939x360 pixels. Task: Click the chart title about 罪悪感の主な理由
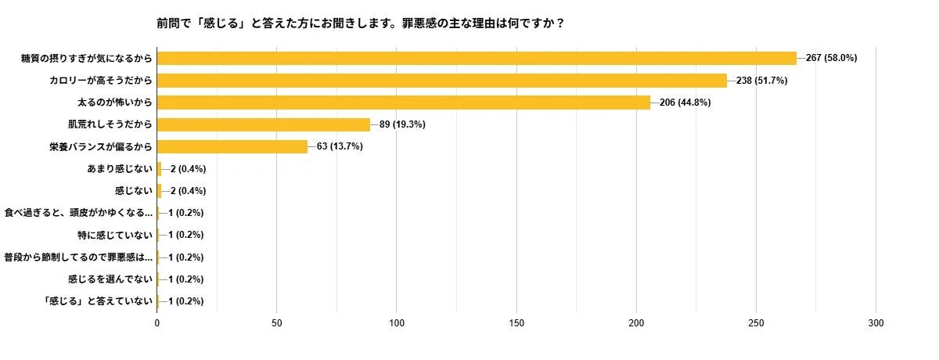(x=361, y=23)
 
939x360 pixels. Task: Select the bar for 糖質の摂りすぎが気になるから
(x=477, y=58)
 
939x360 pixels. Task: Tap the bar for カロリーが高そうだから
(x=442, y=80)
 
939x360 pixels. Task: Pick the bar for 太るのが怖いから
(x=404, y=103)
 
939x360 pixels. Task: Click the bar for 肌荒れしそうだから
(x=264, y=124)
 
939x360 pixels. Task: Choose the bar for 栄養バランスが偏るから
(x=232, y=146)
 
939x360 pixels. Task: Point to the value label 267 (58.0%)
(x=831, y=58)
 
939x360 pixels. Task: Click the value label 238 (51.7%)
(x=761, y=80)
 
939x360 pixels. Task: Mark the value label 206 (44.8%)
(x=685, y=103)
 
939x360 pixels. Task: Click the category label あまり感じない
(x=119, y=168)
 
